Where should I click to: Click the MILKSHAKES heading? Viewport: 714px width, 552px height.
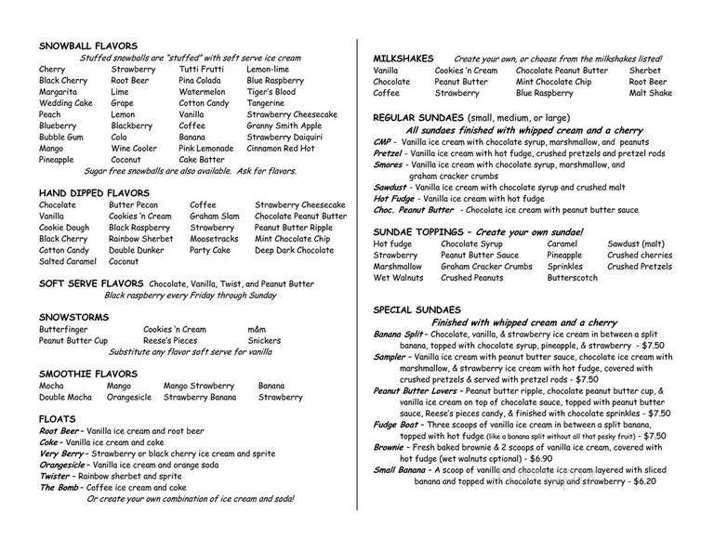click(403, 58)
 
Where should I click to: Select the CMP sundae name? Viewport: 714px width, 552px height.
click(383, 141)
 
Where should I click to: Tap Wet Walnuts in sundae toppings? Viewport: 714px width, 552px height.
click(398, 277)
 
